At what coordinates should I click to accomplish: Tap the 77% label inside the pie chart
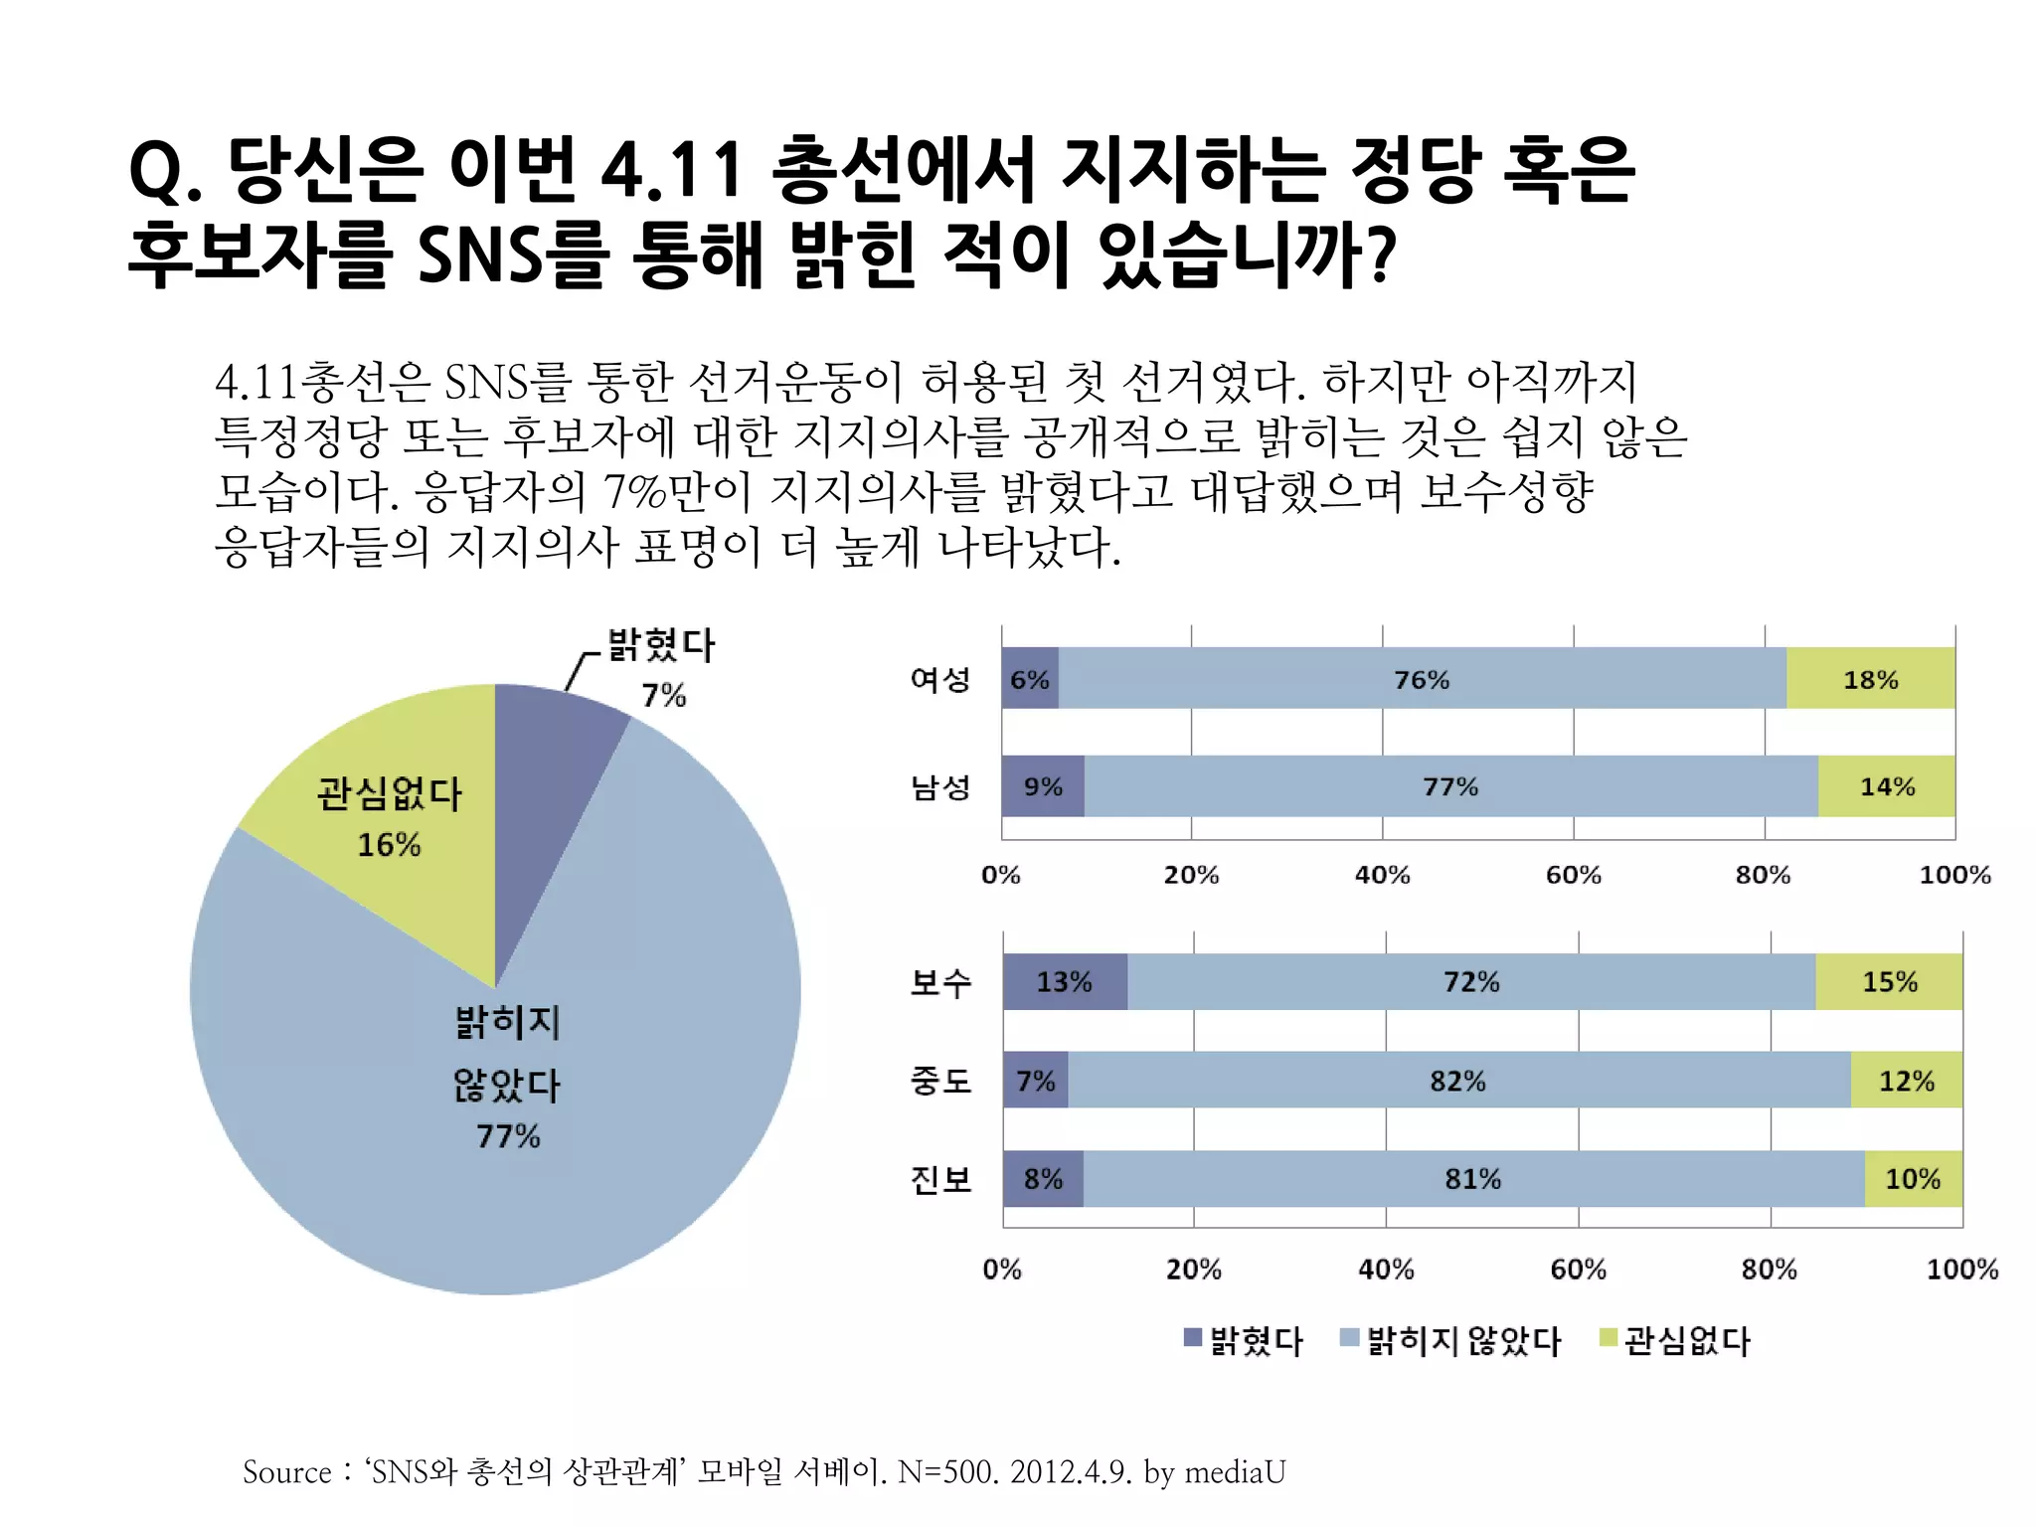508,1136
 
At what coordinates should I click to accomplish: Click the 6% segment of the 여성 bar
1030,679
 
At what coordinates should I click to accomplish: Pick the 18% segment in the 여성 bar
1870,679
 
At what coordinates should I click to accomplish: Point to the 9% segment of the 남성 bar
1043,786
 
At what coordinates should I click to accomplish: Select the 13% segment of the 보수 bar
1064,982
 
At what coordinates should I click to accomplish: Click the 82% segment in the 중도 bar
1457,1081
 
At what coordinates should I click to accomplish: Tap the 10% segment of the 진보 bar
1913,1179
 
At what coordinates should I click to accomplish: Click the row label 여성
940,679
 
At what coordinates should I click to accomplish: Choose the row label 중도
940,1081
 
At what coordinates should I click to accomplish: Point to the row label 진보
940,1179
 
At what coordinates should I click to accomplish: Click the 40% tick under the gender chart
1382,875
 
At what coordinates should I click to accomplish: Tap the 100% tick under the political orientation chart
1961,1270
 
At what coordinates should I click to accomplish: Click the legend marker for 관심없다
1608,1337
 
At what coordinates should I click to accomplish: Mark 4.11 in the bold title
672,169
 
